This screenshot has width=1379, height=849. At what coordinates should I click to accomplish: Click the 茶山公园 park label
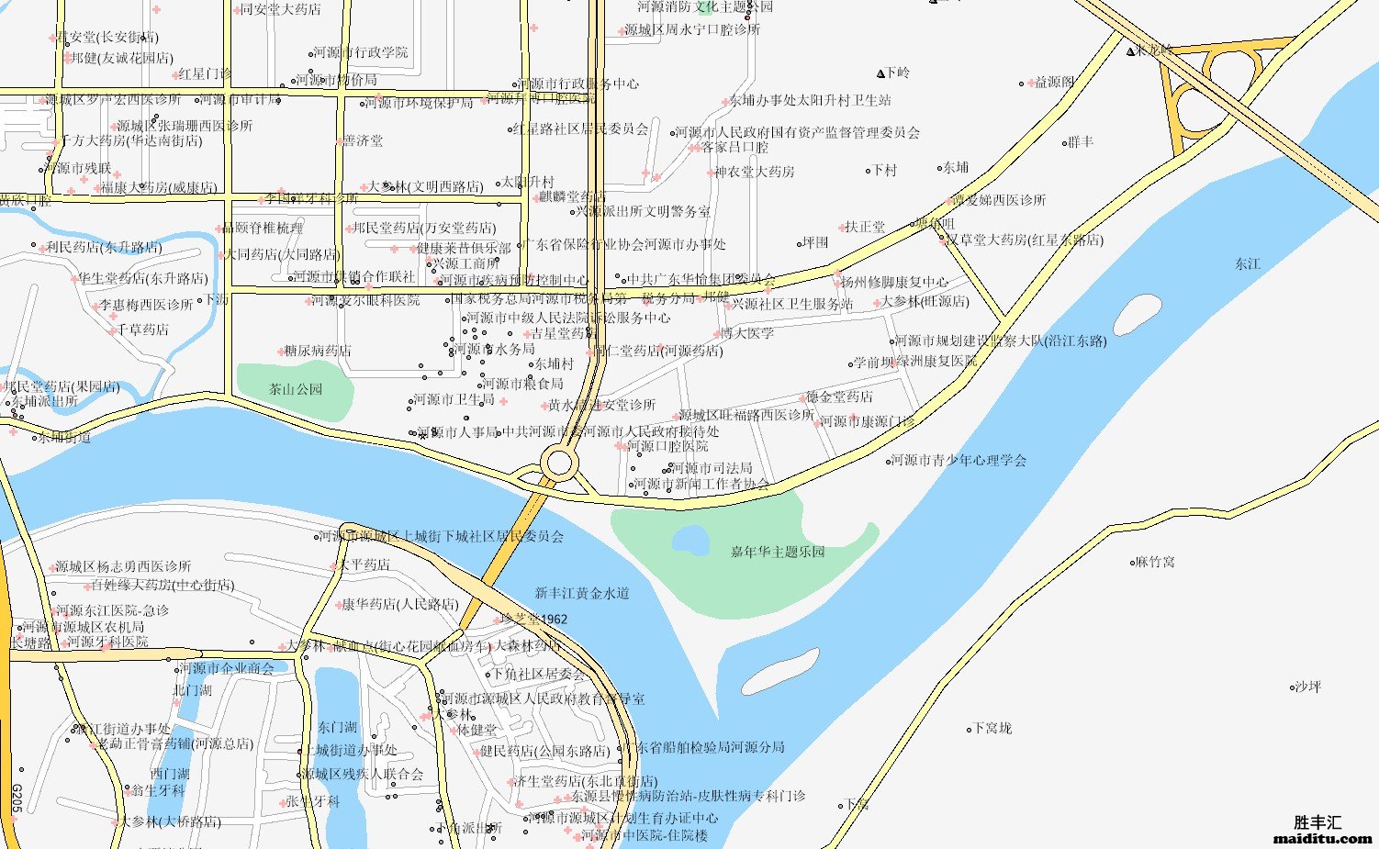(296, 389)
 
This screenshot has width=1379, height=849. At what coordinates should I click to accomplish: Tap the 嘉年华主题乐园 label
(778, 552)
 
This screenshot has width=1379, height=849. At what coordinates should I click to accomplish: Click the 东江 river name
(1247, 264)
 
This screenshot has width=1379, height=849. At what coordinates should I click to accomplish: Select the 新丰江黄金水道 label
(582, 594)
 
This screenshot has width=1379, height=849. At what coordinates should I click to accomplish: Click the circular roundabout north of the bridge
(558, 463)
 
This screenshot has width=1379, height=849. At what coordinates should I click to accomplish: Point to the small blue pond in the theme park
(690, 541)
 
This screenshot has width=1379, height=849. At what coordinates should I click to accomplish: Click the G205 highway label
(16, 798)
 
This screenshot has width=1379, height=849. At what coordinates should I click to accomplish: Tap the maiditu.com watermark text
(1323, 838)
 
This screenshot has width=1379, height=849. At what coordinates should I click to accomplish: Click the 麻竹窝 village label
(1155, 562)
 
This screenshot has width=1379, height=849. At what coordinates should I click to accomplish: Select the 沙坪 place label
(1307, 687)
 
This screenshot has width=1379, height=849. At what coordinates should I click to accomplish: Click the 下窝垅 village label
(992, 728)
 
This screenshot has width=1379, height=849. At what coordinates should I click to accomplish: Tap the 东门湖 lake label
(337, 727)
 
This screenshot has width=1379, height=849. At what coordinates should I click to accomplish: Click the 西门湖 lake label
(170, 774)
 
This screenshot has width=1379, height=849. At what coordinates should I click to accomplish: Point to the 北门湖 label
(192, 690)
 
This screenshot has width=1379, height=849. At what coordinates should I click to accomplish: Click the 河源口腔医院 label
(667, 446)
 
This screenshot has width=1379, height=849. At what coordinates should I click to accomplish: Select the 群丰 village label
(1081, 142)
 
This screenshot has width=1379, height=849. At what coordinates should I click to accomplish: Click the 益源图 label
(1054, 83)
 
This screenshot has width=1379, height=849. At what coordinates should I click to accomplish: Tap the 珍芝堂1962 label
(534, 620)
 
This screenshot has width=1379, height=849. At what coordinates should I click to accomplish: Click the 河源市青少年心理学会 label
(959, 460)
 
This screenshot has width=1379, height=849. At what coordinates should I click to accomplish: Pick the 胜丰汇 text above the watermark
(1317, 822)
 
